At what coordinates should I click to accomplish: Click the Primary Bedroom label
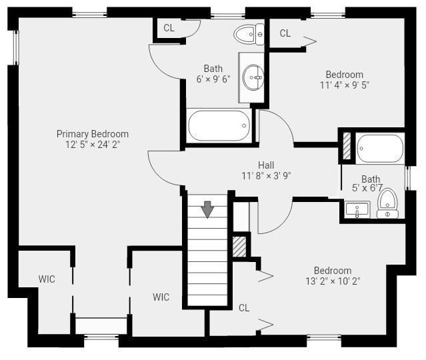[93, 134]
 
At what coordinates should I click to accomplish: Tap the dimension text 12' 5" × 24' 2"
[93, 144]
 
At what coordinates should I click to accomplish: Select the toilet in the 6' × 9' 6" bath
[249, 34]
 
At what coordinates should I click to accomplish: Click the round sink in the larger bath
[253, 77]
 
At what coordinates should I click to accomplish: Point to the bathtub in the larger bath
[219, 125]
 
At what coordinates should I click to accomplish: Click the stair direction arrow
[207, 209]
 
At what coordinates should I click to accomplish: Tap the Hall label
[266, 165]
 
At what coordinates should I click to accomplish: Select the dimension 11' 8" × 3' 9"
[266, 176]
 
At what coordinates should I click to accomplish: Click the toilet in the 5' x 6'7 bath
[388, 203]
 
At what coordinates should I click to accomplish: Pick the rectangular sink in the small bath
[357, 209]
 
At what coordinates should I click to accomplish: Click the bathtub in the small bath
[380, 149]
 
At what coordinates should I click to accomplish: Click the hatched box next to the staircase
[239, 247]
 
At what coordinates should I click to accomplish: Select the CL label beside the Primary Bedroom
[169, 28]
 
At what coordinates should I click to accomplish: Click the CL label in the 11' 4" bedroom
[285, 33]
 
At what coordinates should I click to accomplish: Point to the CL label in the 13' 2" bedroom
[244, 308]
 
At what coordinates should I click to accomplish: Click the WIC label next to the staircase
[161, 297]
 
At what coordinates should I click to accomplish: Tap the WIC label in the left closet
[47, 279]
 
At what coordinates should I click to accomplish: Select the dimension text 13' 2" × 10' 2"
[333, 281]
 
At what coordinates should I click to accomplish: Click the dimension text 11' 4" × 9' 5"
[344, 85]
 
